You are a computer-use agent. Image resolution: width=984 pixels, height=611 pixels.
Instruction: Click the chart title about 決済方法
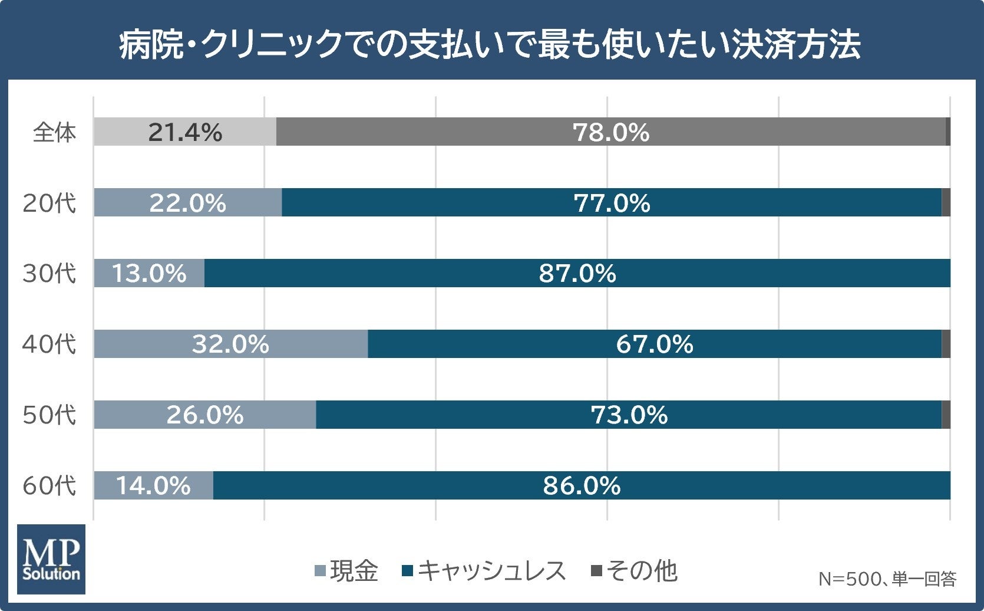(490, 44)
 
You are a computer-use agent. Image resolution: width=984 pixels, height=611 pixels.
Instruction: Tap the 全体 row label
(54, 132)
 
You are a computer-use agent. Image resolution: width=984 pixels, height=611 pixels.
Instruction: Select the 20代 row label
(49, 203)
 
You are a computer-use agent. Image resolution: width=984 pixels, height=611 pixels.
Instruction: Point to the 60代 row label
(49, 485)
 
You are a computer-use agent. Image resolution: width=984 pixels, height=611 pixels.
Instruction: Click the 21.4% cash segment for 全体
(185, 132)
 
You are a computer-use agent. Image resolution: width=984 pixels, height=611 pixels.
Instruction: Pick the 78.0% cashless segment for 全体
(611, 132)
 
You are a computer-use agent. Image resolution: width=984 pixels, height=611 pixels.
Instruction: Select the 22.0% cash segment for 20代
(188, 202)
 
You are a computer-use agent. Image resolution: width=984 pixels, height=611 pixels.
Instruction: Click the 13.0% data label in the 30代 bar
(149, 273)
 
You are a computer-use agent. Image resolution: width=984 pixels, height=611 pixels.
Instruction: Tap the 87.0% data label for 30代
(577, 273)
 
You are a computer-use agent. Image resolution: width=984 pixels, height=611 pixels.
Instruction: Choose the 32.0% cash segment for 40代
(231, 344)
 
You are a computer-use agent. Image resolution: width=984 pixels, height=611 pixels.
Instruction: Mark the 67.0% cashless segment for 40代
(655, 344)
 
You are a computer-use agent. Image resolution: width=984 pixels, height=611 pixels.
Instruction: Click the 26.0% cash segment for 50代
(205, 415)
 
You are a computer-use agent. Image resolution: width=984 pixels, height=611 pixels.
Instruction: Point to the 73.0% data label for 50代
(629, 415)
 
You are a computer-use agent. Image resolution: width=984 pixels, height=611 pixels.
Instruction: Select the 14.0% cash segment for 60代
(154, 485)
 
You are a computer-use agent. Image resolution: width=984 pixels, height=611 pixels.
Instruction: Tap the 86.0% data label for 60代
(582, 485)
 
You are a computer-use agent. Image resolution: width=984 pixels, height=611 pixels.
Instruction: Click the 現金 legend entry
(346, 570)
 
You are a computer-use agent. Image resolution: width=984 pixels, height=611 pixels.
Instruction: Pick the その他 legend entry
(635, 570)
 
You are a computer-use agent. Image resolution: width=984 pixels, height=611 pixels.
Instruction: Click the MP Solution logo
(51, 559)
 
